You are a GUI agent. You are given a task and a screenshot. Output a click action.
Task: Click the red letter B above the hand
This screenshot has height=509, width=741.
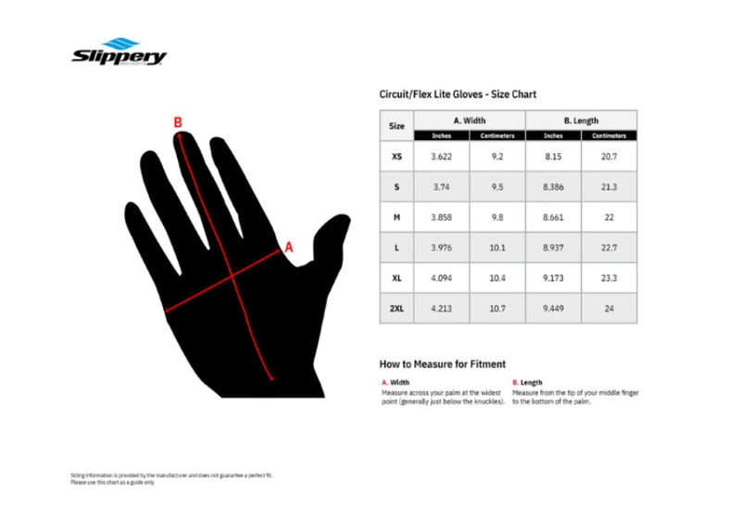178,121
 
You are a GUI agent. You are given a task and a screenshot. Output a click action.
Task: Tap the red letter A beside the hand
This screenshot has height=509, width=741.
288,247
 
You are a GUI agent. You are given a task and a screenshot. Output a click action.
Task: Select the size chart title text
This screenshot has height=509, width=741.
458,94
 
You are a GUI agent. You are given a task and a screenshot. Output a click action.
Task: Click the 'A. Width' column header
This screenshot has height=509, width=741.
470,121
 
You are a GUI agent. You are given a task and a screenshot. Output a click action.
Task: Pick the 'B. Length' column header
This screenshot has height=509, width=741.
581,121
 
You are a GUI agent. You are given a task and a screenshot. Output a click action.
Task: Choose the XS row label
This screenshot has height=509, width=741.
396,157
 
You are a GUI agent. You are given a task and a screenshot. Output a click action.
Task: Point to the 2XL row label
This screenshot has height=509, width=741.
396,308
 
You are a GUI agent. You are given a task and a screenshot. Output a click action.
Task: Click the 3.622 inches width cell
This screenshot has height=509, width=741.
441,157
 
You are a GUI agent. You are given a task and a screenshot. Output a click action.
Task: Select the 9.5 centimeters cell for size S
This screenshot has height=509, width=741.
497,186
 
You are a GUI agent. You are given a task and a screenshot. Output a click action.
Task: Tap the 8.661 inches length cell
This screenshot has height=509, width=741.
554,217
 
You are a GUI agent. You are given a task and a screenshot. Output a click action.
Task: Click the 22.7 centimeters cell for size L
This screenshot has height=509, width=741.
609,248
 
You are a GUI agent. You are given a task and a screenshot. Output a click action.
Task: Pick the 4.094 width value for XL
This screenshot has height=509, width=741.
441,278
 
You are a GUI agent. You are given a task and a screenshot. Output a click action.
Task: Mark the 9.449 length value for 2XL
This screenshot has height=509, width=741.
554,308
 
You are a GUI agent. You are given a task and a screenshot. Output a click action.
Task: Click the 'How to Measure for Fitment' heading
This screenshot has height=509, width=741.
442,364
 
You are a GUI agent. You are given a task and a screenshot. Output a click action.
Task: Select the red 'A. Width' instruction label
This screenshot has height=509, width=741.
396,382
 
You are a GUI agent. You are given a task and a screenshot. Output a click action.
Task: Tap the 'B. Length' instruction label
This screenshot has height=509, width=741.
527,382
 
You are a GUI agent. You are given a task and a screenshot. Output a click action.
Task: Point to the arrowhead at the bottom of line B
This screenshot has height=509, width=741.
270,377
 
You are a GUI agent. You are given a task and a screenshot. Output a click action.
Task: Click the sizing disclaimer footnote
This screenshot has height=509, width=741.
171,478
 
